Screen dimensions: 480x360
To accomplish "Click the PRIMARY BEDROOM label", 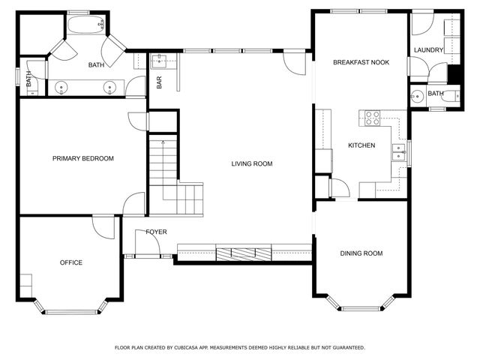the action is (83, 158).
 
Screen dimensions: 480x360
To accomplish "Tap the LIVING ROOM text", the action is (252, 163).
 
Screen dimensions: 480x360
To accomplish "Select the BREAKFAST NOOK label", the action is (361, 62).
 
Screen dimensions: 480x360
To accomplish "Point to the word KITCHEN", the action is (361, 145).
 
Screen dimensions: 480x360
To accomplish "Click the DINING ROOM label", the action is (361, 253).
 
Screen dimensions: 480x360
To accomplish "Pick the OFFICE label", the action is (71, 262).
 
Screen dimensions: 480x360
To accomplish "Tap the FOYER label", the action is (156, 232).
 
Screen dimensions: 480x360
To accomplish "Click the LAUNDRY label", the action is (428, 50).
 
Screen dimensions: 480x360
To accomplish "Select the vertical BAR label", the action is (159, 82).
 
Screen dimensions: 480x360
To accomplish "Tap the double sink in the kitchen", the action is (399, 152).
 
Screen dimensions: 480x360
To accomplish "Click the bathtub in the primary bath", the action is (86, 25).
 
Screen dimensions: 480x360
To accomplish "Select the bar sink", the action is (160, 61).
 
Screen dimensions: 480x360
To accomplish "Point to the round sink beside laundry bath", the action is (417, 97).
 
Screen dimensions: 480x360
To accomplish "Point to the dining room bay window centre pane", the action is (361, 308).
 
